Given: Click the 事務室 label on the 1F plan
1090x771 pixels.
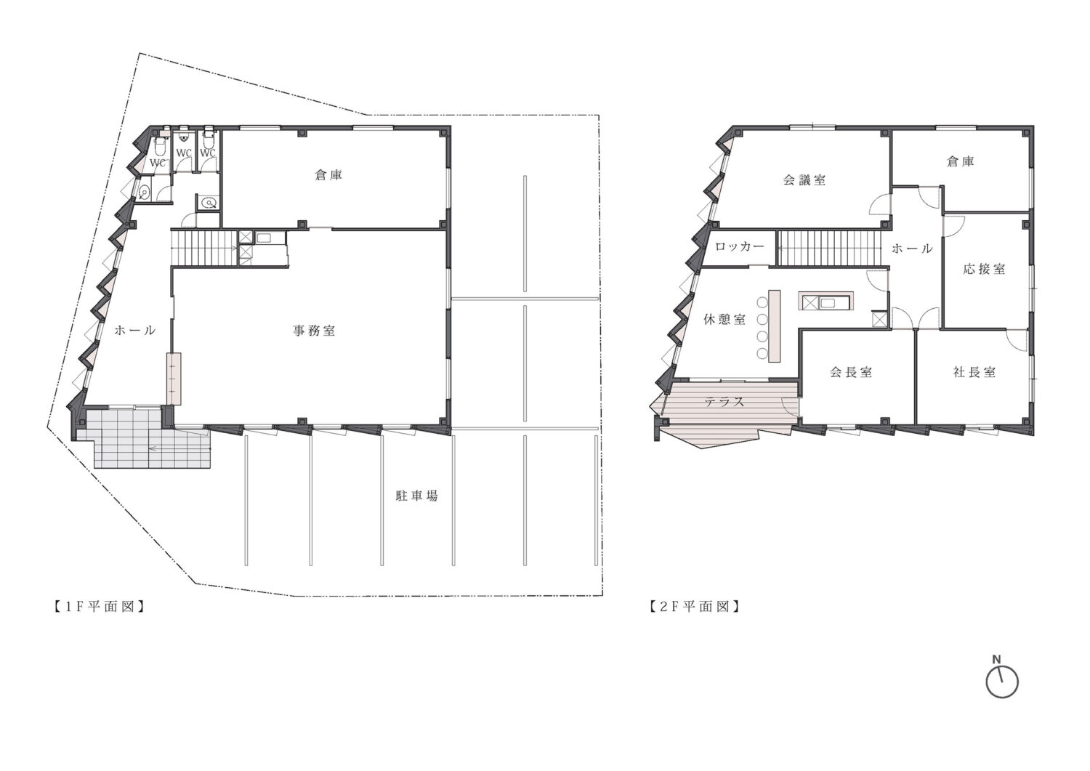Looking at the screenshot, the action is point(314,331).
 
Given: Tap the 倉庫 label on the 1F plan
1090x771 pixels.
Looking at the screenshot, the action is point(328,175).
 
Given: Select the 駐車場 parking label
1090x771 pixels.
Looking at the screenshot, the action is point(416,496).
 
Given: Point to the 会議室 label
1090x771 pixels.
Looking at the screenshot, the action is point(804,180).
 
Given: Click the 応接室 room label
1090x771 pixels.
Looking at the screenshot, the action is point(985,269).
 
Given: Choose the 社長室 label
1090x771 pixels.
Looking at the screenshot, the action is point(974,372).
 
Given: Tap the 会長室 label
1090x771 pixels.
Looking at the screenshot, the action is point(851,372).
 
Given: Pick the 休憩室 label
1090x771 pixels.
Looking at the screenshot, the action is point(724,319).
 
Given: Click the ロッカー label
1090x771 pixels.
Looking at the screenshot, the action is point(740,247).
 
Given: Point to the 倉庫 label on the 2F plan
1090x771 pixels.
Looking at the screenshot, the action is point(961,161).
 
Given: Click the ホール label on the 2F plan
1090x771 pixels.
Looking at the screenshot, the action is point(912,249).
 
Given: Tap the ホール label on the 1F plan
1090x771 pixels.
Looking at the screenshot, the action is point(134,331).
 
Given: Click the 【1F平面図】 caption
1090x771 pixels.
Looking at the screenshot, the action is point(100,607).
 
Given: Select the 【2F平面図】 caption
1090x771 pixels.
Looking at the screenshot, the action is point(695,607).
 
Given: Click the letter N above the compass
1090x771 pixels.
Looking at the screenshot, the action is point(996,660).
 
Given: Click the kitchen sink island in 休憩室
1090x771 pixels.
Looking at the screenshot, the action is point(825,301).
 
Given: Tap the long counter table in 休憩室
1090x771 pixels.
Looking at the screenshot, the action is point(774,326).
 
